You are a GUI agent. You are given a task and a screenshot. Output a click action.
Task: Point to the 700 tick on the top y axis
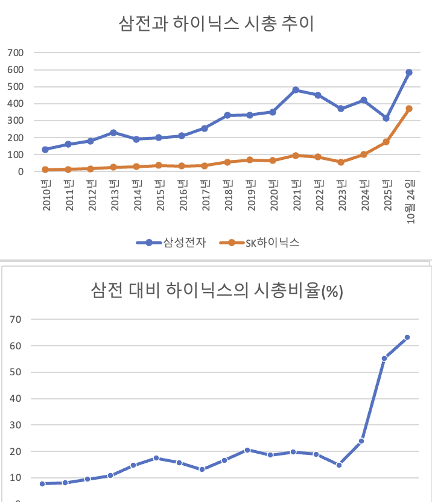click(16, 52)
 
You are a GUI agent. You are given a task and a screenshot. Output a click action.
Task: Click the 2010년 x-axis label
click(46, 196)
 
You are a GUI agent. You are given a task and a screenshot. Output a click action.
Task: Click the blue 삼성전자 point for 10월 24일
click(409, 72)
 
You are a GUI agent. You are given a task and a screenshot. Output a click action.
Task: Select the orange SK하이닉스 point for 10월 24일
click(409, 109)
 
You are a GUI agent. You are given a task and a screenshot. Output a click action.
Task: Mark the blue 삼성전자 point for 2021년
click(296, 90)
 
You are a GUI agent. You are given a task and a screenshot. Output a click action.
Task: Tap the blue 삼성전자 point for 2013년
click(113, 133)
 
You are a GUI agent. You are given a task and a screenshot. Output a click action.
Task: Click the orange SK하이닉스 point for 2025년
click(386, 142)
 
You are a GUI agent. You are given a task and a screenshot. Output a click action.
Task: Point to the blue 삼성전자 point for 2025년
click(386, 118)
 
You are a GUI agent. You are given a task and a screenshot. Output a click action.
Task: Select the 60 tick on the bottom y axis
click(16, 346)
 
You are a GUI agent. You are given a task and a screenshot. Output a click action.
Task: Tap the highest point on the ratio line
click(407, 337)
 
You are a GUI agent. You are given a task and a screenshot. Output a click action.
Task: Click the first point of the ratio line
click(42, 483)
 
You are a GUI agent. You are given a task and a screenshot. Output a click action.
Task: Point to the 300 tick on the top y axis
click(16, 121)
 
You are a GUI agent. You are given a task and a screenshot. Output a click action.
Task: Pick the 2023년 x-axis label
click(341, 196)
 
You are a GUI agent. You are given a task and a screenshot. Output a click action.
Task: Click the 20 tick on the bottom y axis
click(16, 451)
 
